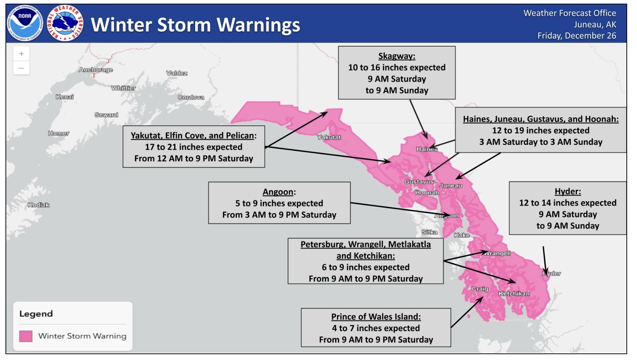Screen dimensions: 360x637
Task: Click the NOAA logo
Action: coord(25,23)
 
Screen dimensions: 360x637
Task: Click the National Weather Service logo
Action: coord(65,23)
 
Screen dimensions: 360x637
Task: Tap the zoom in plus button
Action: coord(22,54)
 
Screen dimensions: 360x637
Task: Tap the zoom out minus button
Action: coord(22,68)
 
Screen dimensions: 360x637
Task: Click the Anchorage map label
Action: coord(96,70)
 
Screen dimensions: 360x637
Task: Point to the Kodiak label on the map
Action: coord(39,205)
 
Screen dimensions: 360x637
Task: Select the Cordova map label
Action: coord(191,97)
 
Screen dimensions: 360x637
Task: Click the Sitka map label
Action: coord(429,232)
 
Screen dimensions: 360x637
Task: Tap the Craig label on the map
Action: coord(480,289)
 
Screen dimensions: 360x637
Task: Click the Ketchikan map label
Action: coord(514,294)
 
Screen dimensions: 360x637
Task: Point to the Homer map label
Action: coord(58,133)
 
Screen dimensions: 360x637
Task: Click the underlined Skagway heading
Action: coord(397,56)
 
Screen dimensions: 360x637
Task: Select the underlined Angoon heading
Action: coord(278,192)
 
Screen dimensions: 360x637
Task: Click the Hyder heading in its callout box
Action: coord(568,191)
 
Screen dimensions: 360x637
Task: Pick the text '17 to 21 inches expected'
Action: coord(193,147)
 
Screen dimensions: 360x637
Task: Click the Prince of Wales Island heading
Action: coord(376,317)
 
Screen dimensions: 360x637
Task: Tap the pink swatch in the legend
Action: coord(26,336)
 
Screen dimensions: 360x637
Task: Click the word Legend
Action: coord(36,314)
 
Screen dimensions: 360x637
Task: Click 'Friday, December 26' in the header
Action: coord(576,36)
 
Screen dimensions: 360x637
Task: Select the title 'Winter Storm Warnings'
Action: coord(195,25)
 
